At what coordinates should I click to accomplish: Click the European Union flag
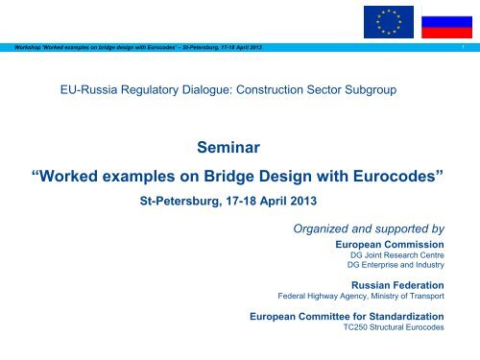[x=389, y=21]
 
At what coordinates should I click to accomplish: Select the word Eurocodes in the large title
[x=398, y=180]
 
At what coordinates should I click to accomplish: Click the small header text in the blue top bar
[x=133, y=48]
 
